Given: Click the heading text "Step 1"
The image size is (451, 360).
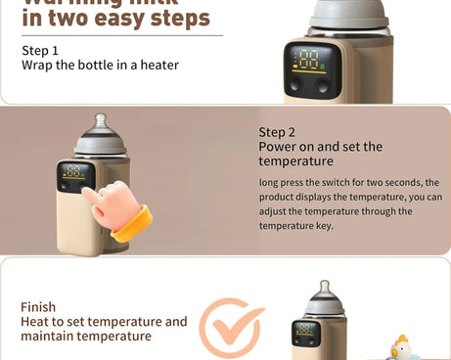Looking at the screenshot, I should point(39,50).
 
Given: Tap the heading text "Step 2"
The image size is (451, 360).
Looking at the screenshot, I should point(277,131).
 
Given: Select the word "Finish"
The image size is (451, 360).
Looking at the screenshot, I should point(38,306).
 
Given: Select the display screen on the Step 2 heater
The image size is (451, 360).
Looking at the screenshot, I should point(76,177).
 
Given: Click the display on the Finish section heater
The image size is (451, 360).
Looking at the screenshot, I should point(306,334).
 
